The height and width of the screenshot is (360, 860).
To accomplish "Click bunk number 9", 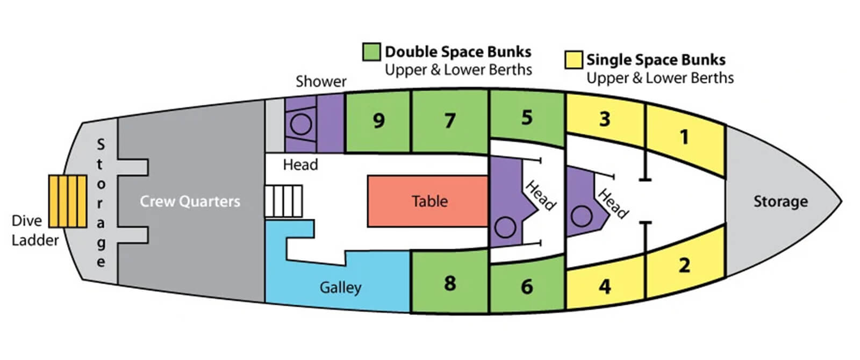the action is [x=378, y=121].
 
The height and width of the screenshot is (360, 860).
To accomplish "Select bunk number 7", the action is [x=450, y=121].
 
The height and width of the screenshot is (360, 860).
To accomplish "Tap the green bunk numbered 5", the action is [x=527, y=118].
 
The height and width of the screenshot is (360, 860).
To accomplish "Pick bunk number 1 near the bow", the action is [x=684, y=138].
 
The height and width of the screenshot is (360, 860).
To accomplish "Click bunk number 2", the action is [x=684, y=265].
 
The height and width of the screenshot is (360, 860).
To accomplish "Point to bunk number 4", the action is [x=605, y=286].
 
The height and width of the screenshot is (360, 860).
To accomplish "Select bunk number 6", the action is [x=527, y=286].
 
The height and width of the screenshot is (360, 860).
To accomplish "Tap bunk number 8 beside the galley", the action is [x=450, y=283].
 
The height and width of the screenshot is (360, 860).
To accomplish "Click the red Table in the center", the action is [x=428, y=201].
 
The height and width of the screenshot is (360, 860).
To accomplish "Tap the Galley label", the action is [x=340, y=287].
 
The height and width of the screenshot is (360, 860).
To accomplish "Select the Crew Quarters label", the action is [x=190, y=201].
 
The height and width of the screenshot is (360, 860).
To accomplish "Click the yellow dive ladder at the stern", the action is [x=67, y=201].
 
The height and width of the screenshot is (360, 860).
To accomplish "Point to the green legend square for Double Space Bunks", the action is [x=371, y=52].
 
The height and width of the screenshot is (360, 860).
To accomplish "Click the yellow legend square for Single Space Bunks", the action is [x=574, y=60].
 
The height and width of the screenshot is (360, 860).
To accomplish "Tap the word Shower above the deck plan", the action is [x=321, y=82].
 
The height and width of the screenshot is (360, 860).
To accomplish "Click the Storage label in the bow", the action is [x=780, y=201].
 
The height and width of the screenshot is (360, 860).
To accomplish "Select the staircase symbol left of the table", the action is [x=284, y=201].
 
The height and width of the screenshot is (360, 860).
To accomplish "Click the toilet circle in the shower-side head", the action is [x=301, y=124].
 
